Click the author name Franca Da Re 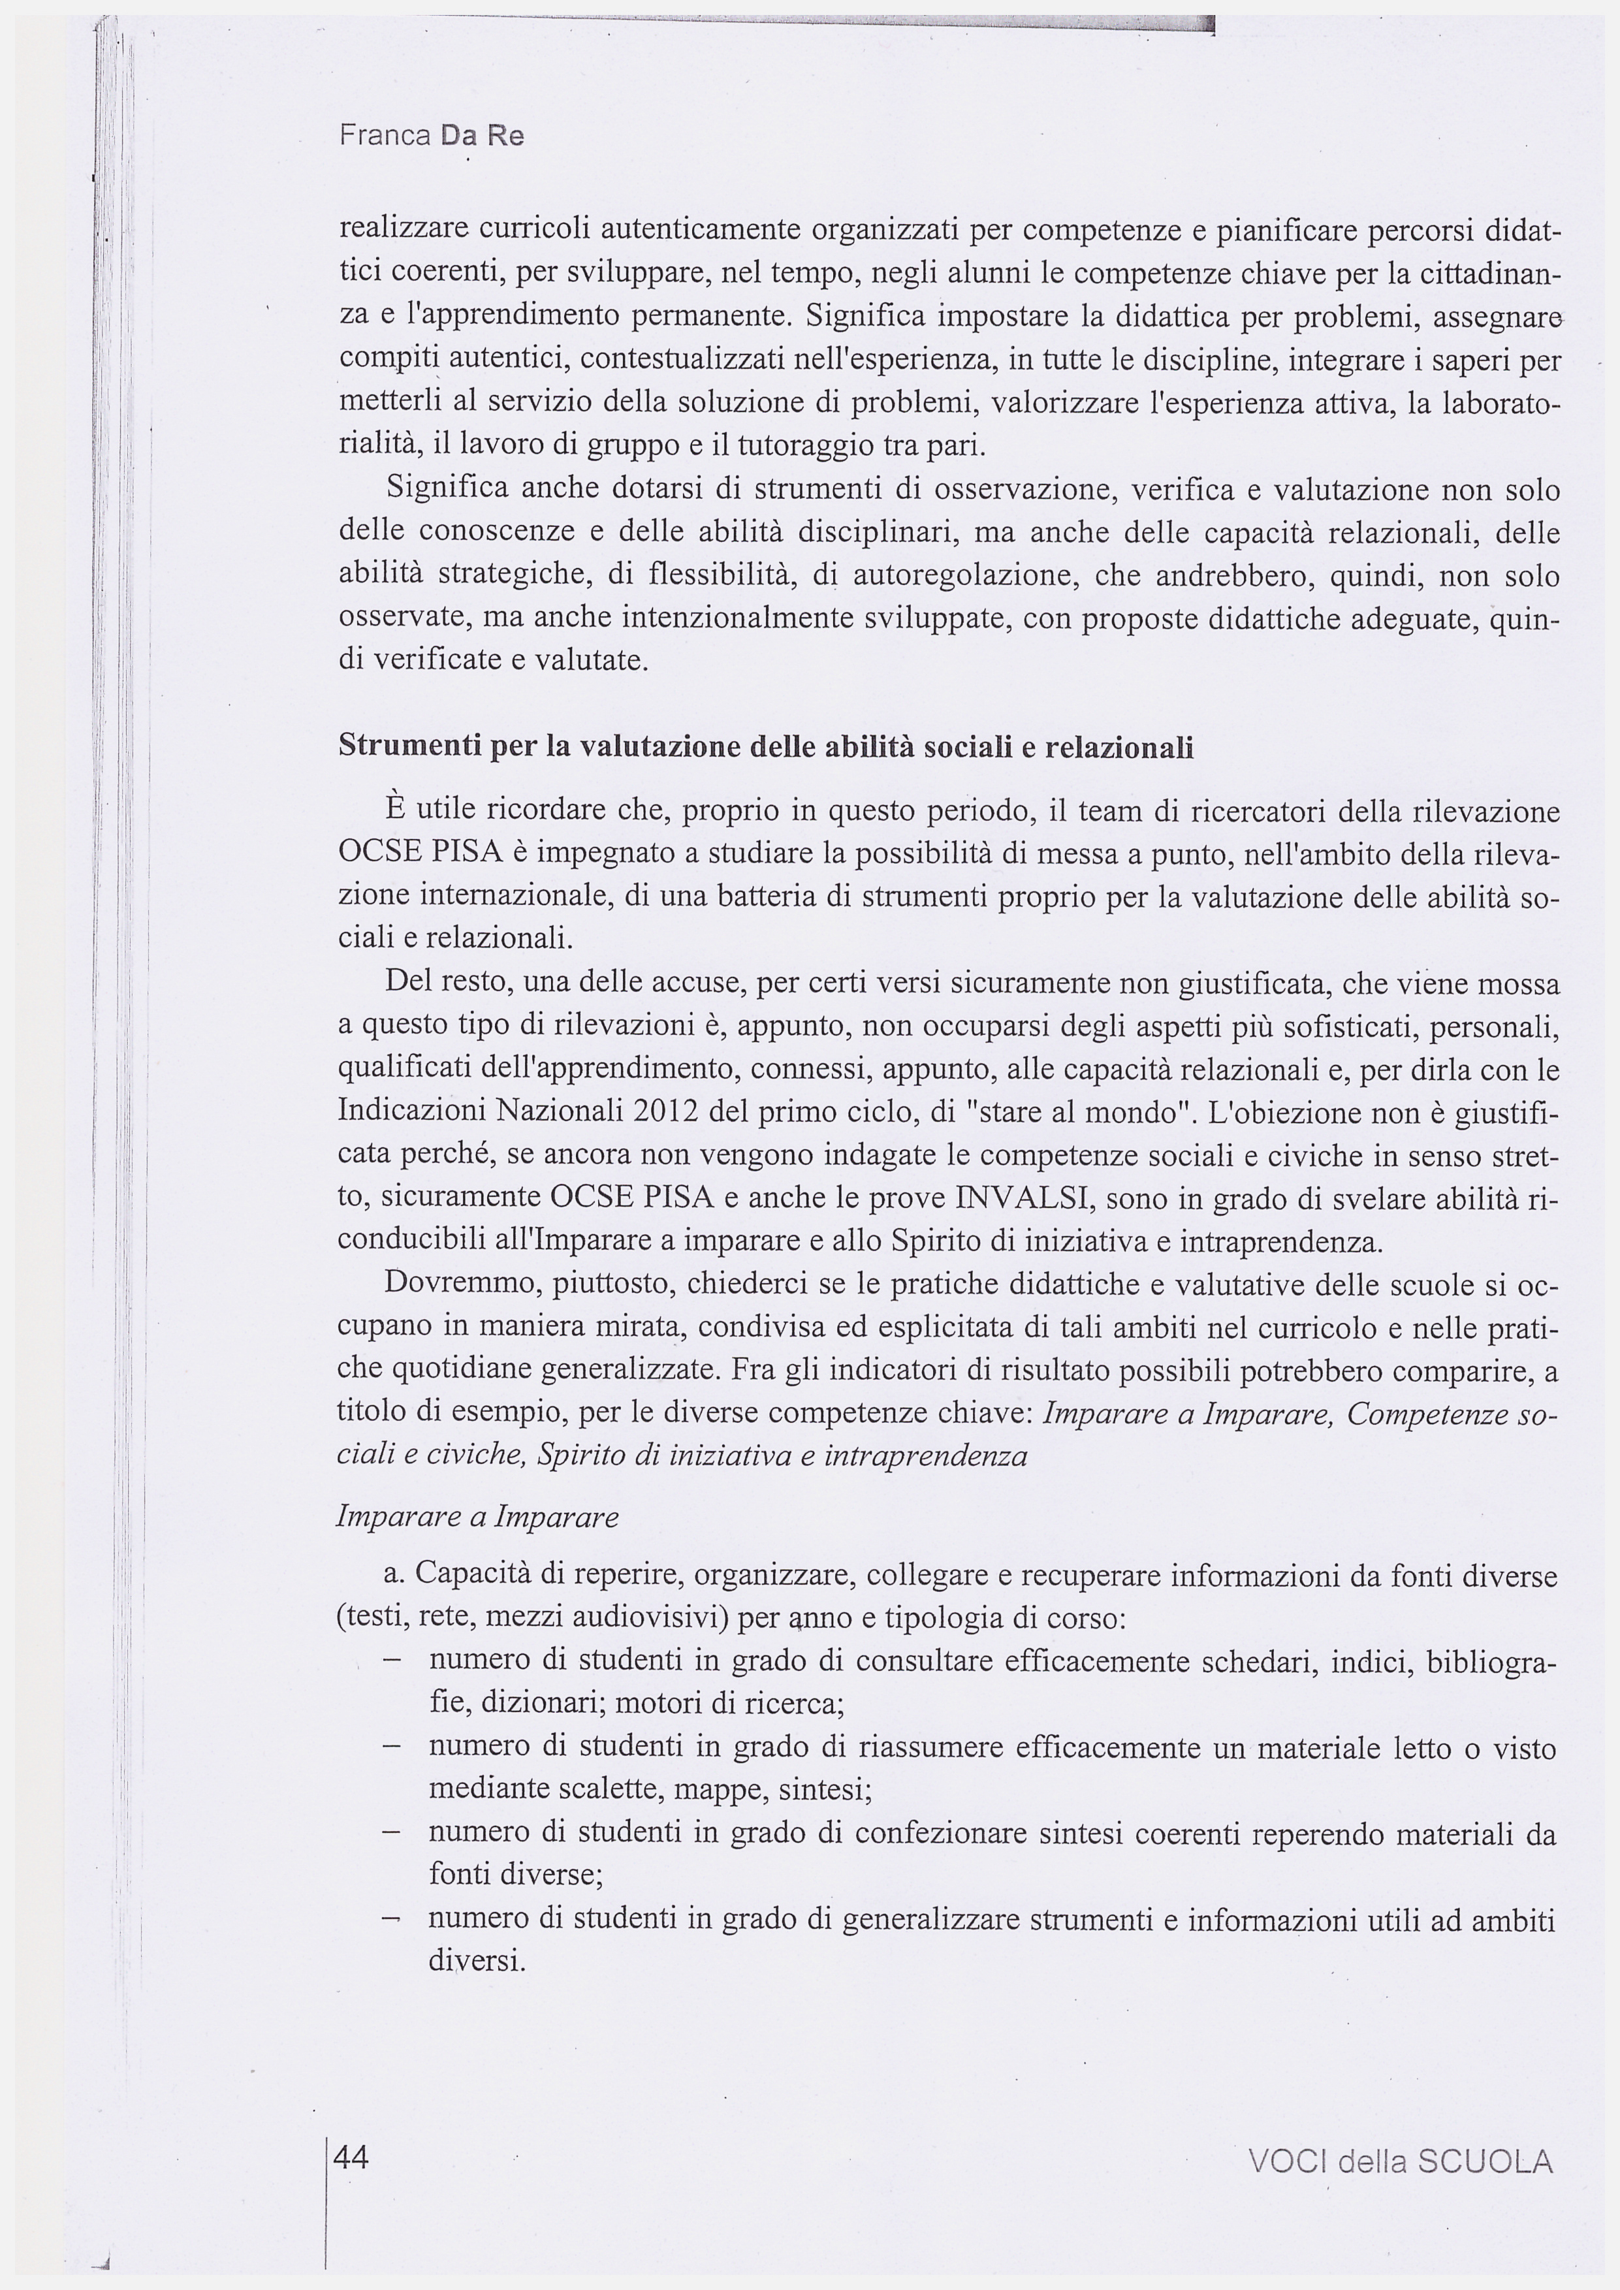click(431, 136)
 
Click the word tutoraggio click(800, 445)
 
